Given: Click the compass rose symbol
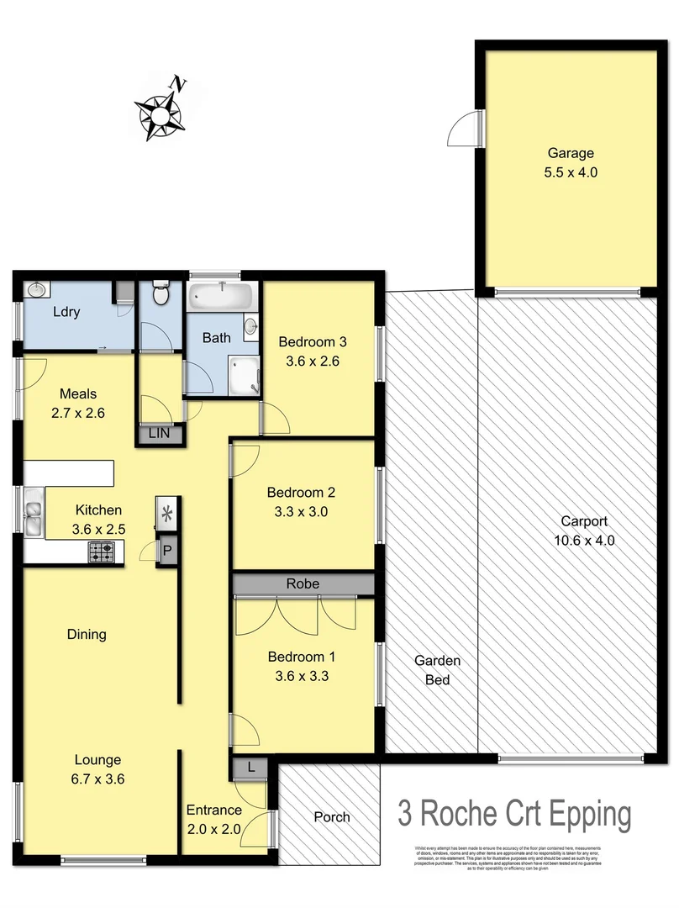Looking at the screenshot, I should point(160,110).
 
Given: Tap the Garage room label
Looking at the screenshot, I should point(571,153).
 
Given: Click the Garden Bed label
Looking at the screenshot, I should point(437,670).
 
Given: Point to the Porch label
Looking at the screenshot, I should point(331,816).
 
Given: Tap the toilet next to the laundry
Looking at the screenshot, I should point(159,294).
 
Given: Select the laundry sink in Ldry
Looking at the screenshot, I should point(36,290).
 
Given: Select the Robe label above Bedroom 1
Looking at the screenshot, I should point(301,583).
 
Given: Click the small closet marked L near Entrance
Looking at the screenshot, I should point(251,767).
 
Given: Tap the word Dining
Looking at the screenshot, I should point(87,635).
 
